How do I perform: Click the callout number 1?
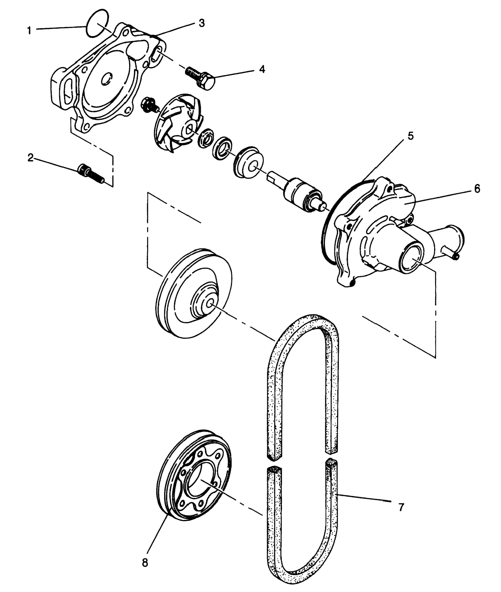click(29, 30)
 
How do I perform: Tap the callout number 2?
click(30, 158)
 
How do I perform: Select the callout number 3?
click(201, 24)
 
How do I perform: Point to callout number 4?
click(262, 69)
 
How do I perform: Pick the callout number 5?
click(410, 136)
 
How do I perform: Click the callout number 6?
click(477, 189)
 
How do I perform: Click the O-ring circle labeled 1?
click(97, 23)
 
